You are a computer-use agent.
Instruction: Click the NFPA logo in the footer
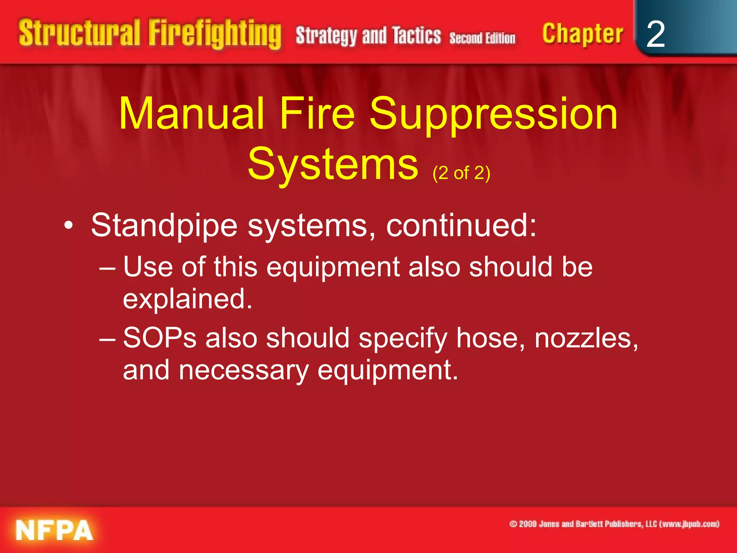pyautogui.click(x=54, y=530)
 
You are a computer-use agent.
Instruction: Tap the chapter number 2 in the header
pyautogui.click(x=655, y=34)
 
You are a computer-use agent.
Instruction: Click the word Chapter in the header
pyautogui.click(x=583, y=34)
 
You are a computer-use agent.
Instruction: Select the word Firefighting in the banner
pyautogui.click(x=215, y=34)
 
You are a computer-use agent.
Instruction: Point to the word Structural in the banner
pyautogui.click(x=79, y=33)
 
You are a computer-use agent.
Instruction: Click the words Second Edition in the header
pyautogui.click(x=482, y=38)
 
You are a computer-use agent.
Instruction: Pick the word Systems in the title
pyautogui.click(x=333, y=165)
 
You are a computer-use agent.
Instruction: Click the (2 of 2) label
pyautogui.click(x=461, y=173)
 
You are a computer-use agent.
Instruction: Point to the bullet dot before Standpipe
pyautogui.click(x=68, y=226)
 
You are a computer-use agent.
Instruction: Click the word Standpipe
pyautogui.click(x=164, y=226)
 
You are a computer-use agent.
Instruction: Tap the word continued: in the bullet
pyautogui.click(x=461, y=225)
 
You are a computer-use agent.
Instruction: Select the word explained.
pyautogui.click(x=187, y=299)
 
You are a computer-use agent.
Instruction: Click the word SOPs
pyautogui.click(x=160, y=338)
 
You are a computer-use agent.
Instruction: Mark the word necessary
pyautogui.click(x=244, y=371)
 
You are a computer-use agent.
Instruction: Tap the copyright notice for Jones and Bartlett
pyautogui.click(x=614, y=524)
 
